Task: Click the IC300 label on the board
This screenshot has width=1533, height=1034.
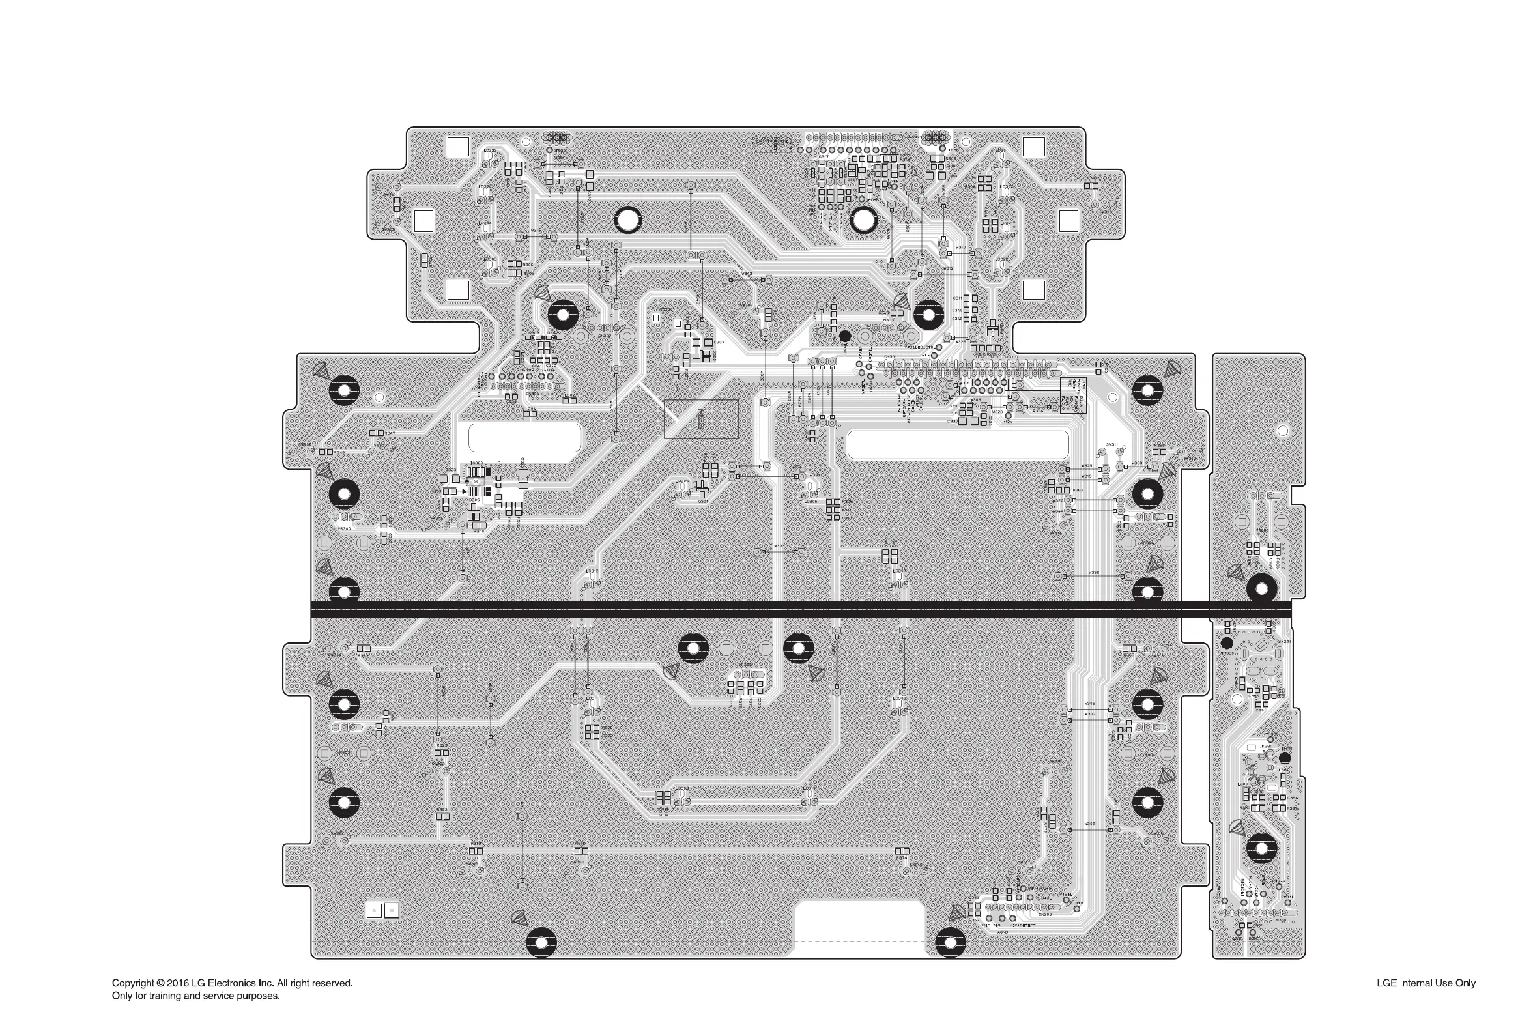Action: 476,463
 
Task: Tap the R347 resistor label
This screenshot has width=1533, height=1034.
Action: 390,433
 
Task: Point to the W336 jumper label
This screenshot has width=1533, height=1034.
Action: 1094,573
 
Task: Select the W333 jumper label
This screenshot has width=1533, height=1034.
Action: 779,546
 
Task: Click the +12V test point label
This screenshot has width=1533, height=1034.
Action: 1007,422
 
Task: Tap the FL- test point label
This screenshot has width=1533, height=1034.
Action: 925,355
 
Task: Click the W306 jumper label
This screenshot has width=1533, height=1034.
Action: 1090,704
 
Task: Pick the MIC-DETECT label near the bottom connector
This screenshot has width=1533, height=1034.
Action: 1023,925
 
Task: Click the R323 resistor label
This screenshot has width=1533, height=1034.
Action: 442,809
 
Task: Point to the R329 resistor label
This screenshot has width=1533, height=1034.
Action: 442,745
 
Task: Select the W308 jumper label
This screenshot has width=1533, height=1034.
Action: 1090,824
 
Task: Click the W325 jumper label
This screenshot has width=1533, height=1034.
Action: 1087,466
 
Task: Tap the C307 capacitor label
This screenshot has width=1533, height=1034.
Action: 719,342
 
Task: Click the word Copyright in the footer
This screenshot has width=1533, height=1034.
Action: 134,983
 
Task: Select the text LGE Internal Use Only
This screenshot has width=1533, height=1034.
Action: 1426,983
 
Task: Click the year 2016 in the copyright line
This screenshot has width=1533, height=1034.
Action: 178,983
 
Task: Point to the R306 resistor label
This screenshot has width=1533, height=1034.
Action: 528,265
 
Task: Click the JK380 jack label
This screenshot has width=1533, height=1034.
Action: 1266,747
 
